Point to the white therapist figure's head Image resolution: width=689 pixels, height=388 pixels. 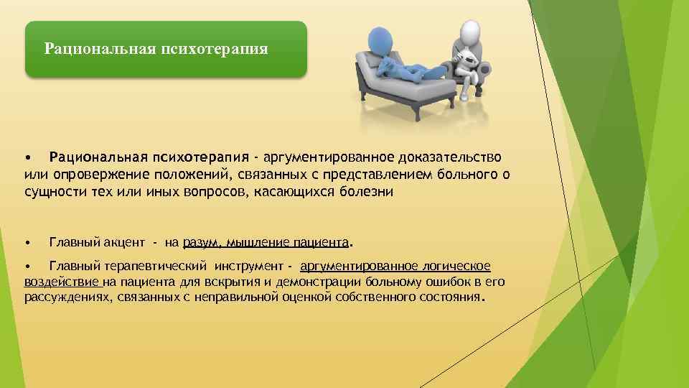click(469, 32)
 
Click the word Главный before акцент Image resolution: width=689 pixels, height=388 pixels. click(71, 242)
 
